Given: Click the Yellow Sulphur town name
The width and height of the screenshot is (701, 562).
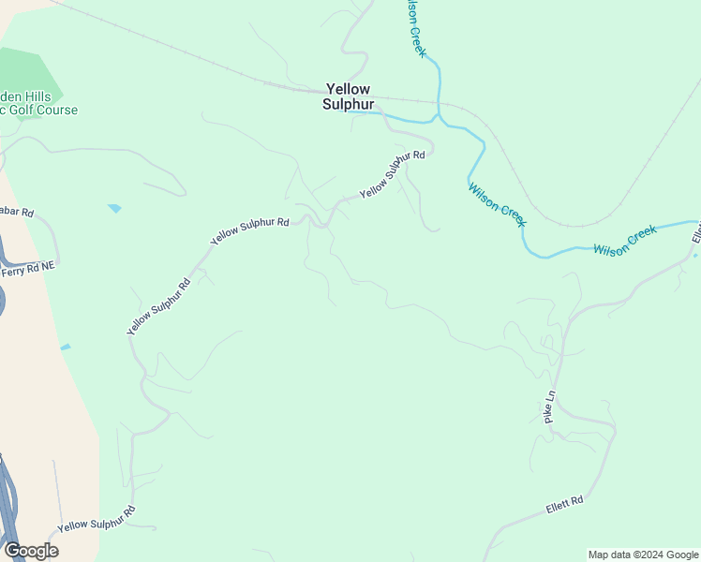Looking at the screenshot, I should [348, 96].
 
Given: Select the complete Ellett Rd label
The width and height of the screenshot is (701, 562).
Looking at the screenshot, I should [564, 507].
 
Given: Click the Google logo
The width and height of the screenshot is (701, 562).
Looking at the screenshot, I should [31, 550].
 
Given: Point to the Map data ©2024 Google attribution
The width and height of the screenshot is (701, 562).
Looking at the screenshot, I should [643, 555].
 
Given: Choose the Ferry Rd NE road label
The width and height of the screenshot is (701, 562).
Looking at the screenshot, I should [28, 267].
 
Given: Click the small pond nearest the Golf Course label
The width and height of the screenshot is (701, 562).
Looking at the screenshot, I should [114, 208].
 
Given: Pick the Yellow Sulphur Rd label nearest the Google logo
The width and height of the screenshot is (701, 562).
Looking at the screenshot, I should [97, 520].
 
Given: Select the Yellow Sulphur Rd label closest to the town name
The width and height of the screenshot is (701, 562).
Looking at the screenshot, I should [393, 174].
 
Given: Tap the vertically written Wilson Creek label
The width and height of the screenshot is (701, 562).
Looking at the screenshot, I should [415, 29].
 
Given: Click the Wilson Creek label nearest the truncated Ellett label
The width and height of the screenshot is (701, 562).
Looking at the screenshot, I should [626, 242].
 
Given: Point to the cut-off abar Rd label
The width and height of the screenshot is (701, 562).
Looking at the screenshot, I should [16, 213].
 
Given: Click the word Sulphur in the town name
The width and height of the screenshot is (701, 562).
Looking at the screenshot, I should [348, 104].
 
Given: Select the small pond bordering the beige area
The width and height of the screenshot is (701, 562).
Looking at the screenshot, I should [65, 348].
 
